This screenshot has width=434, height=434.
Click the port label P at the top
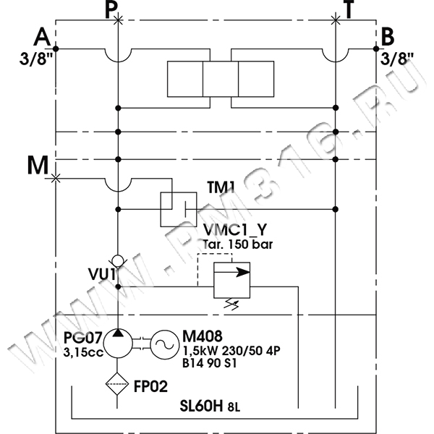click(x=109, y=9)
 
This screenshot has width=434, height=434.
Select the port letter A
click(x=43, y=36)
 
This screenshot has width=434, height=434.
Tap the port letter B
click(x=388, y=36)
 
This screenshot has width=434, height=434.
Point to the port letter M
click(x=38, y=166)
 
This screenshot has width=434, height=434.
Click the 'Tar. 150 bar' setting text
click(x=237, y=244)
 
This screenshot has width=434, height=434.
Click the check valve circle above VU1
click(x=117, y=259)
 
